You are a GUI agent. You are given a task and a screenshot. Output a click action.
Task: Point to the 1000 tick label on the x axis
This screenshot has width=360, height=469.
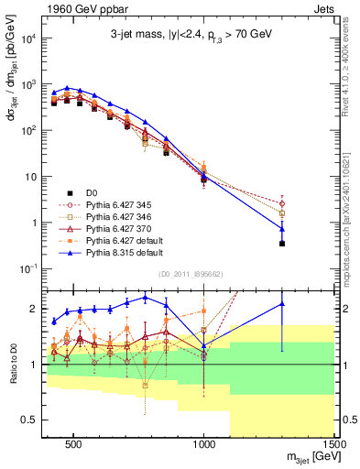(204, 445)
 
